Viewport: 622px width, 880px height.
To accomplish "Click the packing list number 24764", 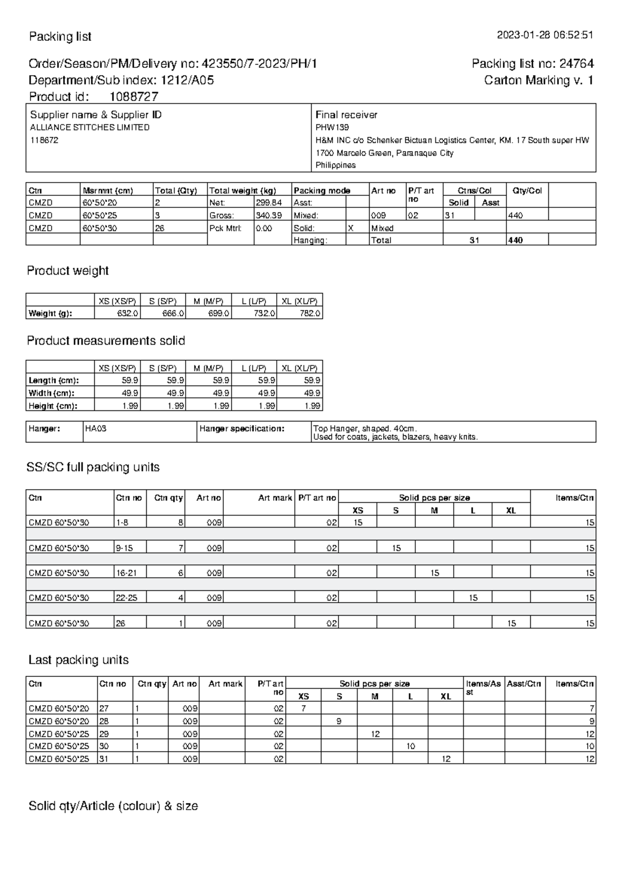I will pyautogui.click(x=576, y=64).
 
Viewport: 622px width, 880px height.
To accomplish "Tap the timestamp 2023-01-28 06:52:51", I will pyautogui.click(x=545, y=35).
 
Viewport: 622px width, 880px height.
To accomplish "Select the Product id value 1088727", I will pyautogui.click(x=134, y=97).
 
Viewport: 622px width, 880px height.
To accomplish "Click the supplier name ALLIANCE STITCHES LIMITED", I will pyautogui.click(x=90, y=127).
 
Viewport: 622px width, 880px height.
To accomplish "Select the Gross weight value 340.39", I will pyautogui.click(x=268, y=216).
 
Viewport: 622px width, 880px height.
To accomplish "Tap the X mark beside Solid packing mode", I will pyautogui.click(x=351, y=228).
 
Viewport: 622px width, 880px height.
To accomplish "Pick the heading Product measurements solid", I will pyautogui.click(x=106, y=341).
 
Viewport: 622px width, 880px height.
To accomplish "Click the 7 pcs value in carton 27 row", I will pyautogui.click(x=304, y=708).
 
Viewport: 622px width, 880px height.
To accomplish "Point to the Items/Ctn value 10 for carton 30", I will pyautogui.click(x=589, y=747).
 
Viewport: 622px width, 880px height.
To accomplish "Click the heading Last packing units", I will pyautogui.click(x=78, y=660).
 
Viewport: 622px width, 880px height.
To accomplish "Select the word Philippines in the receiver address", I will pyautogui.click(x=336, y=165).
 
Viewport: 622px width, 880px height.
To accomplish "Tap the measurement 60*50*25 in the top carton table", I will pyautogui.click(x=100, y=216).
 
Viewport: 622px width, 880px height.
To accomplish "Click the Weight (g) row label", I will pyautogui.click(x=50, y=314).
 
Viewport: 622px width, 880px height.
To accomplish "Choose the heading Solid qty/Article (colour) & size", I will pyautogui.click(x=113, y=806).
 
